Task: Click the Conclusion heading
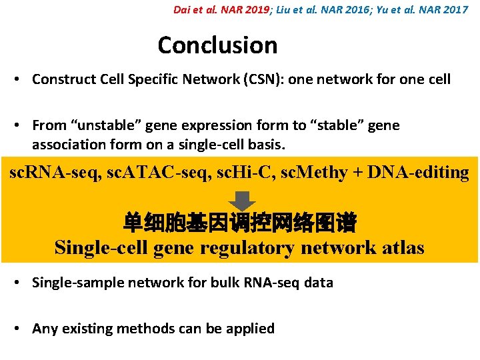click(217, 45)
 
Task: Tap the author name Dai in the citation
click(182, 10)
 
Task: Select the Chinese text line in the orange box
click(239, 223)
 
